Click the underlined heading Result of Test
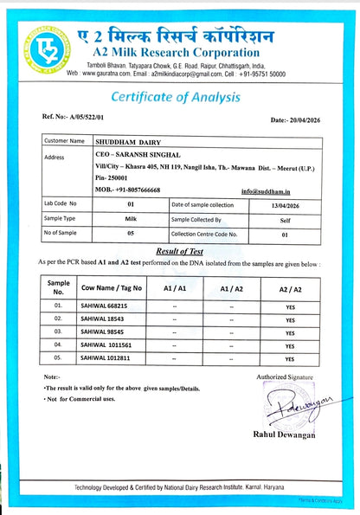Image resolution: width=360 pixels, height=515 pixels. (181, 249)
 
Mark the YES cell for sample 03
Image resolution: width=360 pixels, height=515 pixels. (291, 332)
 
